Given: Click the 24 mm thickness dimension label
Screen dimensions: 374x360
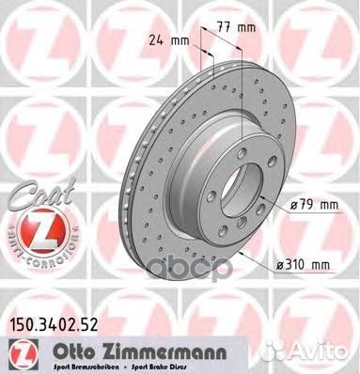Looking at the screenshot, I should [165, 39].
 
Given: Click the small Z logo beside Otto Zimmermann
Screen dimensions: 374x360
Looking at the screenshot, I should [16, 351].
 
